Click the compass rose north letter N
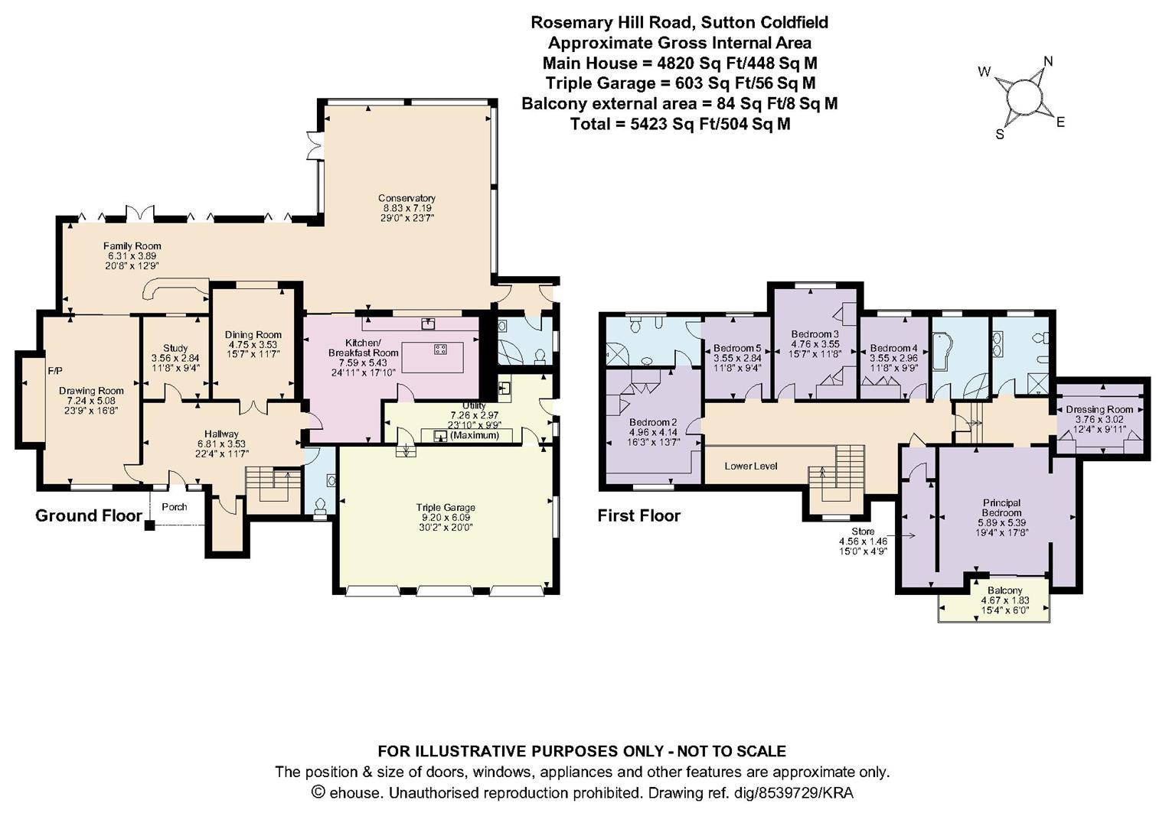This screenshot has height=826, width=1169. [x=1049, y=61]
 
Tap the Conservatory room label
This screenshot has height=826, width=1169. [x=407, y=198]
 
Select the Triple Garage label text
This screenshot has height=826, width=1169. [x=446, y=507]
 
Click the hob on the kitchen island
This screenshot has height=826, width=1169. [x=441, y=350]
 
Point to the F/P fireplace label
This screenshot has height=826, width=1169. [x=55, y=371]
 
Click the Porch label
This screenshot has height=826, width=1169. [x=175, y=507]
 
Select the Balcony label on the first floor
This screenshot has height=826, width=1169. [x=1004, y=590]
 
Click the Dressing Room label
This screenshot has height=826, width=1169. [x=1099, y=409]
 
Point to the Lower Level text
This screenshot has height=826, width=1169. [x=751, y=466]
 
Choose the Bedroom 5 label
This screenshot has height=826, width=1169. [x=736, y=348]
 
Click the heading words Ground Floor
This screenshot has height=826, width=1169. [x=89, y=515]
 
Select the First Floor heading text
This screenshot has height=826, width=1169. [x=638, y=515]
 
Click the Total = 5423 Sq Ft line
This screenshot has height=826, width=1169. [x=680, y=123]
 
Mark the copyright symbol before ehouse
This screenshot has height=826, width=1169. [x=319, y=792]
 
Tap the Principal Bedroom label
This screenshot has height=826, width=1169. [x=1001, y=508]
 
